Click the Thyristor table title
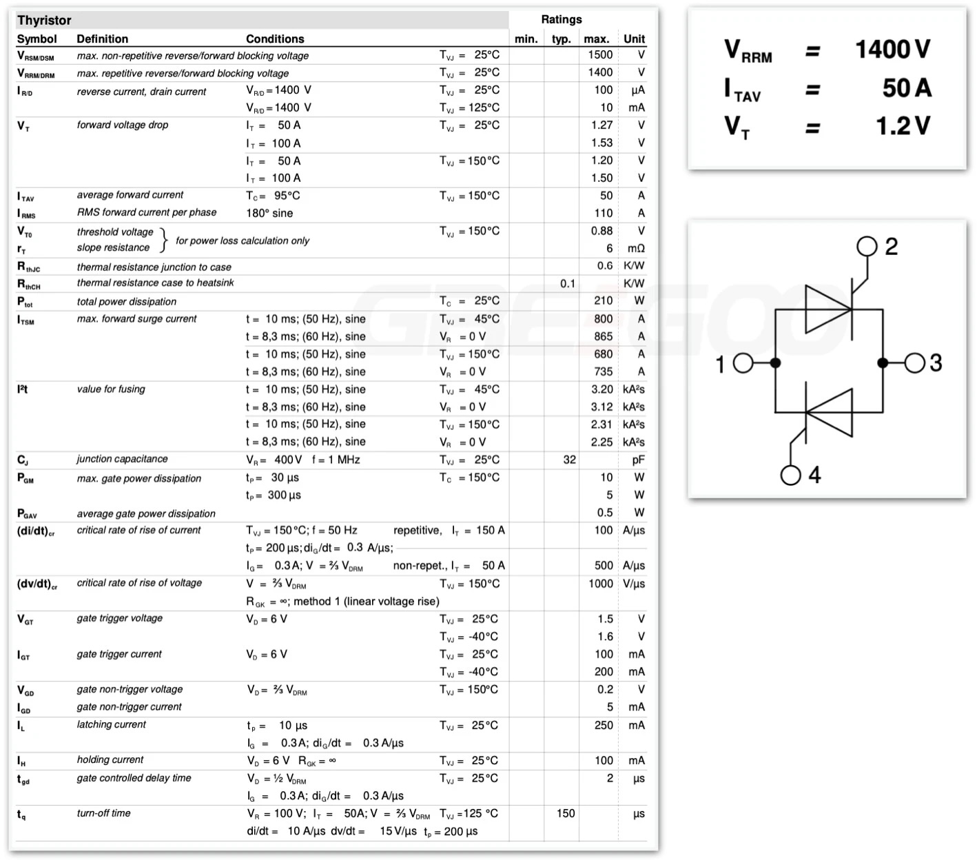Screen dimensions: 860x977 point(44,20)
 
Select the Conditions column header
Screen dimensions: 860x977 point(275,39)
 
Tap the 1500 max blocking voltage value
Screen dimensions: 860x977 point(600,54)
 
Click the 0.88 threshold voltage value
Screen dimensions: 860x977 point(601,231)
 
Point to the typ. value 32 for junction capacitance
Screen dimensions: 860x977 point(569,460)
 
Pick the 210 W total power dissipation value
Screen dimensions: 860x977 point(603,300)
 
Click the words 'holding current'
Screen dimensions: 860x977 point(110,759)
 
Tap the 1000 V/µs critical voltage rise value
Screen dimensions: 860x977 point(600,584)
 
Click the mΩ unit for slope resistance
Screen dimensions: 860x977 point(635,248)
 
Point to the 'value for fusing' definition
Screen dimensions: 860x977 point(111,389)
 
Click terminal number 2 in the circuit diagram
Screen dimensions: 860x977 point(891,247)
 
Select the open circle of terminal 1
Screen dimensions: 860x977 point(743,363)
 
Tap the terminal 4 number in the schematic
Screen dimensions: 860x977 point(814,475)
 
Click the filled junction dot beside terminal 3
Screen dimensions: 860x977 point(883,363)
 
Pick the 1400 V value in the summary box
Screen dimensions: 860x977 point(892,50)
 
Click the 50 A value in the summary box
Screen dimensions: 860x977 point(907,88)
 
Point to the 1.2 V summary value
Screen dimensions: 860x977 point(903,126)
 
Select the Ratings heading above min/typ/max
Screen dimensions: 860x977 point(561,19)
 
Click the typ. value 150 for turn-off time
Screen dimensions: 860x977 point(565,813)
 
